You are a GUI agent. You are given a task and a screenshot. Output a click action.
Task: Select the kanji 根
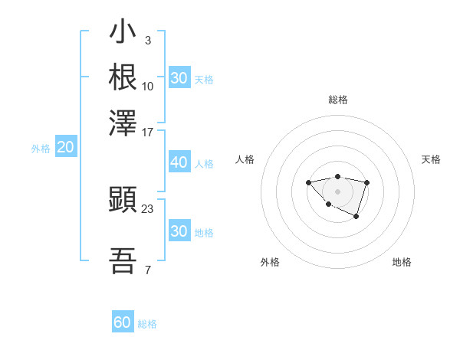(123, 77)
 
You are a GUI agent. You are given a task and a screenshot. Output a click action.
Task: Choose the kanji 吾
(123, 261)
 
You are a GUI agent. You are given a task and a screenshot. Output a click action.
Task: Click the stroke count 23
(148, 208)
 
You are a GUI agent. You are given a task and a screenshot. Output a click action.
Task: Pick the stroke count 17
(148, 131)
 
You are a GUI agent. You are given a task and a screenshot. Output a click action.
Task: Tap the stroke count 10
(148, 86)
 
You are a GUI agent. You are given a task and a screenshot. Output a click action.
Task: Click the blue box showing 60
(123, 322)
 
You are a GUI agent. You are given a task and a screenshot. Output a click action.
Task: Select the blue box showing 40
(179, 162)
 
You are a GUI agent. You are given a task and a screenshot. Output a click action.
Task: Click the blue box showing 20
(65, 148)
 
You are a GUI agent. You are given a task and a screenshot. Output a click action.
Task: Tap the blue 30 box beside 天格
(179, 78)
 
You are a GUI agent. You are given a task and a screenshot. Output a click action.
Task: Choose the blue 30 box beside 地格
(179, 231)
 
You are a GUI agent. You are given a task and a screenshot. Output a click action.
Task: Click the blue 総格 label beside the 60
(147, 324)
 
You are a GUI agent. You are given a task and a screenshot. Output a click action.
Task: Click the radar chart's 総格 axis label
(337, 100)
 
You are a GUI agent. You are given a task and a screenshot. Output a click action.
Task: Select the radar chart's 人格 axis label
(245, 159)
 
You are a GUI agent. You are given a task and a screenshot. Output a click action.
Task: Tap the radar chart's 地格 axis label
(402, 262)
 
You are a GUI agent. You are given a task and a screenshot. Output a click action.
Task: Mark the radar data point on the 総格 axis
(337, 176)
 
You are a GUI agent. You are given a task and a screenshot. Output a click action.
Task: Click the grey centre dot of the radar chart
(337, 191)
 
